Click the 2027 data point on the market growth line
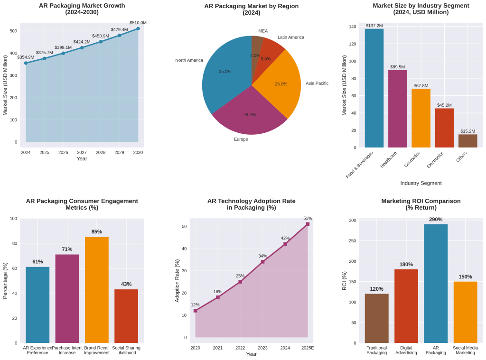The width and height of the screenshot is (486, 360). coord(82,47)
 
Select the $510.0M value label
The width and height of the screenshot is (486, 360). coord(138,23)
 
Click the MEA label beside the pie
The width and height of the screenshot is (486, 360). coord(263,31)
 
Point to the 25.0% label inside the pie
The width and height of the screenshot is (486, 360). coord(281,84)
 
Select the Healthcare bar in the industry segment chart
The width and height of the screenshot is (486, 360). coord(398,109)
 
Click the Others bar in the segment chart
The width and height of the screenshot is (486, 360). coord(467,141)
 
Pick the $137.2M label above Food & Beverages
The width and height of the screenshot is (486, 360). coord(374,26)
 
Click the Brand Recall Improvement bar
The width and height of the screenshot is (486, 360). coord(97,290)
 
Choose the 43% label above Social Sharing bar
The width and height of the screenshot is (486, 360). coord(126,284)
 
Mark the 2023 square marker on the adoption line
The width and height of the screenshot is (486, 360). coord(262,261)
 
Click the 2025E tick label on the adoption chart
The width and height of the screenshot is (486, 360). coord(308,348)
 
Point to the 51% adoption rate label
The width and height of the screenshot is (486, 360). coord(308,218)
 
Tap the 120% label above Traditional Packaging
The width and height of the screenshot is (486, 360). coord(377,289)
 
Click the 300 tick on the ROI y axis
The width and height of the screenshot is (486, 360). coord(352,221)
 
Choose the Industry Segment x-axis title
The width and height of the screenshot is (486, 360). coord(421,183)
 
